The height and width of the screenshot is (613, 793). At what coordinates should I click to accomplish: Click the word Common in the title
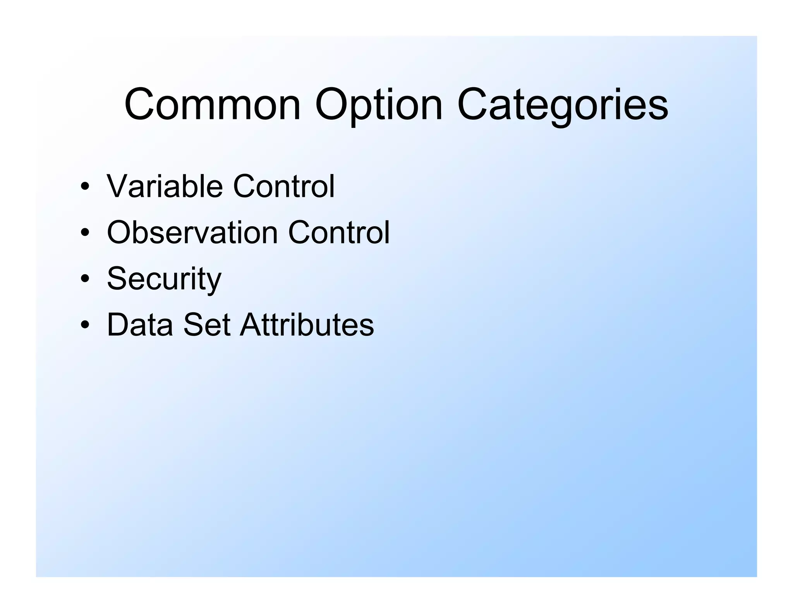[x=212, y=105]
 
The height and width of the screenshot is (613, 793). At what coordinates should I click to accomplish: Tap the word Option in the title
[x=378, y=105]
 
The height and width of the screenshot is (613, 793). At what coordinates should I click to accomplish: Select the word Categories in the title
[x=562, y=105]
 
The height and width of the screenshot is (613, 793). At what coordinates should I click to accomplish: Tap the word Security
[x=164, y=279]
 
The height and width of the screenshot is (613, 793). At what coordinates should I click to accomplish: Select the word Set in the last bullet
[x=207, y=324]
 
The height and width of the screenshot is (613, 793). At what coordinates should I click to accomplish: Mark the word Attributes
[x=307, y=324]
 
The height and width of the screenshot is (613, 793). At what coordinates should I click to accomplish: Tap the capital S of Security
[x=117, y=278]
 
